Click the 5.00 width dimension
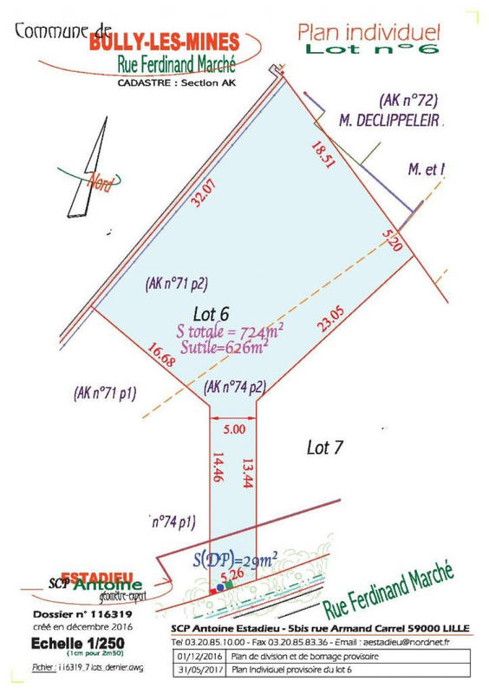click(x=234, y=428)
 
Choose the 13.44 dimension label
click(x=247, y=474)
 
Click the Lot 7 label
click(x=327, y=448)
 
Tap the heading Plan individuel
click(x=368, y=33)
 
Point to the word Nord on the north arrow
click(x=101, y=182)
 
